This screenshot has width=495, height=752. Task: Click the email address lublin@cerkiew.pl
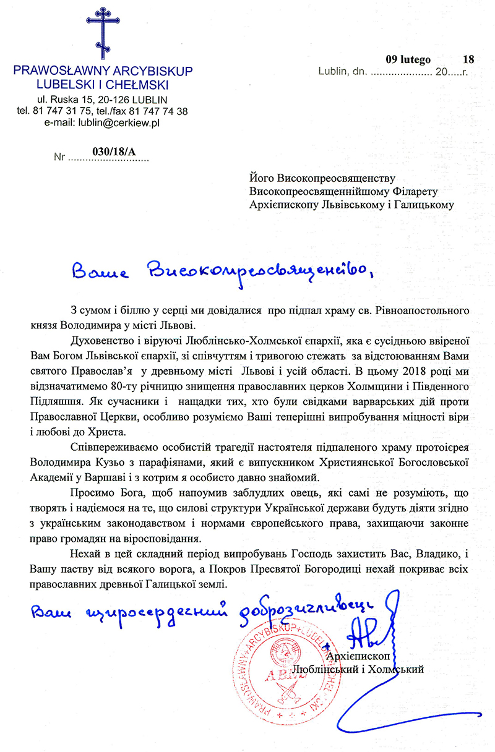click(127, 124)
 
